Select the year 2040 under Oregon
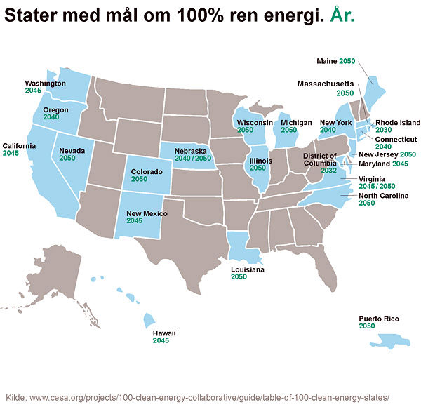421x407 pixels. [51, 117]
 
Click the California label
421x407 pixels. [20, 145]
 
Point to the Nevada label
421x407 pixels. [72, 151]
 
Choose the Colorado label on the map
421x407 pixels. [147, 171]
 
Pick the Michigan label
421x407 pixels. [295, 122]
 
